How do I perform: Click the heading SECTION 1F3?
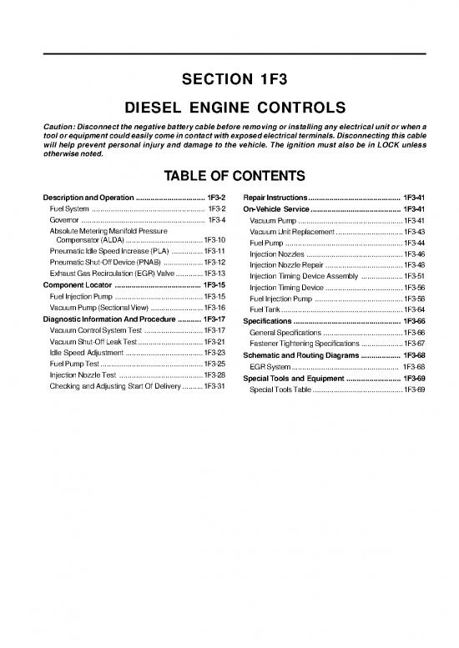(229, 81)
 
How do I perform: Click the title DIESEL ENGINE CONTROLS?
(229, 108)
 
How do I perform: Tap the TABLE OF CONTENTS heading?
(229, 176)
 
